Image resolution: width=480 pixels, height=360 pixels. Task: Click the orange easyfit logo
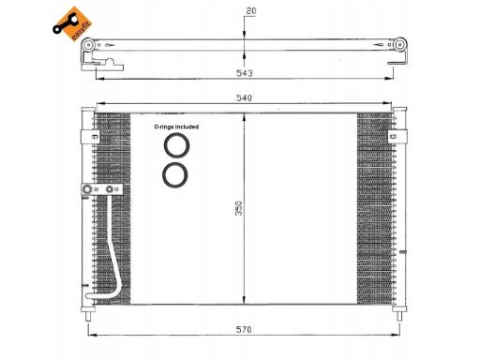coord(72,24)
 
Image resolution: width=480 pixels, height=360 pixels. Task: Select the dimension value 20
coord(251,11)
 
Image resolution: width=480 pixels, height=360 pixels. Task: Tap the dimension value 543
coord(245,73)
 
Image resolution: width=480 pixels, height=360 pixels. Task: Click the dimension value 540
coord(244,98)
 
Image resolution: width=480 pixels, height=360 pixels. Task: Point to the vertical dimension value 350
coord(239,208)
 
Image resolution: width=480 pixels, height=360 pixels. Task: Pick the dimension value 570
coord(244,330)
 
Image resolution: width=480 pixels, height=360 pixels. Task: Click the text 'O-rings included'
coord(176,127)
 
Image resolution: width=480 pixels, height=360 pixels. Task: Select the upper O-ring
coord(176,145)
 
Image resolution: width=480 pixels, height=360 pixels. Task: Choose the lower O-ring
coord(175,175)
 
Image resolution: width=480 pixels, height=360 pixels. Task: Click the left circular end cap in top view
coord(88,45)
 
